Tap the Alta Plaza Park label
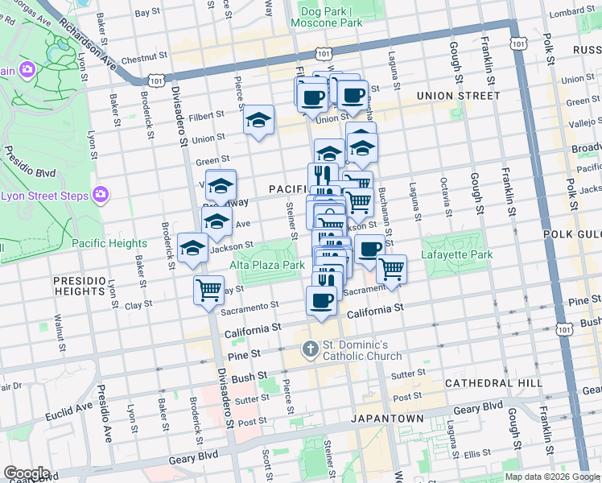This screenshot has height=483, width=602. click(267, 264)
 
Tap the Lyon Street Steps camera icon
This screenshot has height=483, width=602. click(101, 194)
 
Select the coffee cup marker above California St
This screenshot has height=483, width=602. click(321, 301)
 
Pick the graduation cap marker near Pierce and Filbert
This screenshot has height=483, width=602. click(258, 120)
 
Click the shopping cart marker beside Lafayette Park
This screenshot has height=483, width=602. click(391, 270)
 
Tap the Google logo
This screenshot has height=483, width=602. click(27, 473)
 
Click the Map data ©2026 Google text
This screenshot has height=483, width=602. click(551, 477)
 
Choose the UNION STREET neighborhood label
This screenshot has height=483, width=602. click(458, 96)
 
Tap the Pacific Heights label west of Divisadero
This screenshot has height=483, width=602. click(109, 243)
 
